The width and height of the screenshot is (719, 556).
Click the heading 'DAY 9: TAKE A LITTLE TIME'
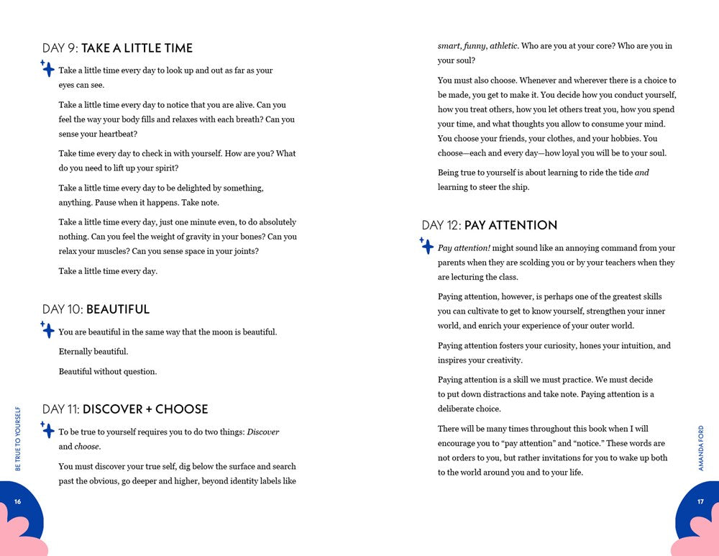pyautogui.click(x=117, y=48)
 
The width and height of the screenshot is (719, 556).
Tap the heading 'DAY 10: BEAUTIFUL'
pyautogui.click(x=96, y=309)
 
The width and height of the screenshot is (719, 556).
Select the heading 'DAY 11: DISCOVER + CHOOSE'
pyautogui.click(x=125, y=409)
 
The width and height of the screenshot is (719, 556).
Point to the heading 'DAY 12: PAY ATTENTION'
pyautogui.click(x=489, y=225)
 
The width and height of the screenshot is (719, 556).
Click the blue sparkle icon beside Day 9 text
pyautogui.click(x=47, y=69)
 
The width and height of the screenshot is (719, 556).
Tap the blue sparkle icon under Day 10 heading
pyautogui.click(x=47, y=330)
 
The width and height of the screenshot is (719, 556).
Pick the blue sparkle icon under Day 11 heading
pyautogui.click(x=47, y=430)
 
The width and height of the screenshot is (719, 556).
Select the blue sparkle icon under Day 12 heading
pyautogui.click(x=426, y=246)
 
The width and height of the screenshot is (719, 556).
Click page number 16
pyautogui.click(x=17, y=502)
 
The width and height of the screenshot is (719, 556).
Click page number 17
pyautogui.click(x=700, y=502)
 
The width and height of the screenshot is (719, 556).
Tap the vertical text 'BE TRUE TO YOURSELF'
pyautogui.click(x=18, y=439)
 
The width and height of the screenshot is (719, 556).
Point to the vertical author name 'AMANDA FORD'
pyautogui.click(x=701, y=448)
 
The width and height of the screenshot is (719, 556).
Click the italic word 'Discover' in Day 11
pyautogui.click(x=263, y=432)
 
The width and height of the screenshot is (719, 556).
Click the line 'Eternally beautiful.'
pyautogui.click(x=93, y=352)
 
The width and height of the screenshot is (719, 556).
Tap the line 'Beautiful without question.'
pyautogui.click(x=107, y=372)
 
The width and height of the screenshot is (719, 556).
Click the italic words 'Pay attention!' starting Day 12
pyautogui.click(x=464, y=248)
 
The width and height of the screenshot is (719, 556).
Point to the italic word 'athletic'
pyautogui.click(x=503, y=46)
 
